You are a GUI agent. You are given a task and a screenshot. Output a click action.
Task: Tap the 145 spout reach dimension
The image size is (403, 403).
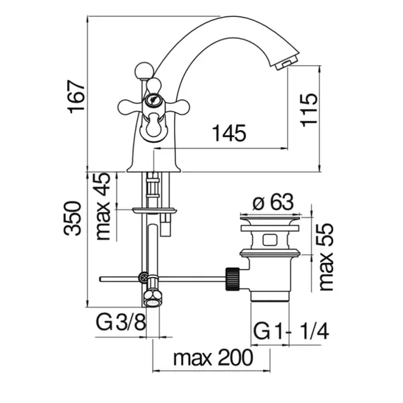point(230,133)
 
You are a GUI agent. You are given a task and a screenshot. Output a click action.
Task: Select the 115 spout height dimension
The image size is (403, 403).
point(309,110)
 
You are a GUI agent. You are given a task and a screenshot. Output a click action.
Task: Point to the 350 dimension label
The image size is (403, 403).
point(72,218)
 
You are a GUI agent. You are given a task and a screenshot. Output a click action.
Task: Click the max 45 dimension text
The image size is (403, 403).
point(103,206)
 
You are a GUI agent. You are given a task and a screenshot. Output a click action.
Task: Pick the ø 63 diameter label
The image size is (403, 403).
point(273,201)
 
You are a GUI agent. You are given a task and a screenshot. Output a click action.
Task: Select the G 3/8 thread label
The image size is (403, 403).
point(121,322)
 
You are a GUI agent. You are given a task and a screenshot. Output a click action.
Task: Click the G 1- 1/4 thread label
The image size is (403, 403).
point(291,332)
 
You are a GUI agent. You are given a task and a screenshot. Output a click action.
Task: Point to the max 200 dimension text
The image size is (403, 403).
point(213,357)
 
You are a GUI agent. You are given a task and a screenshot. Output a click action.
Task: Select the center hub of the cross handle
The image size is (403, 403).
point(153,100)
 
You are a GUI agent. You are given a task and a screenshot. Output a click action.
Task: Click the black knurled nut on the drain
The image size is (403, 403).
point(233,279)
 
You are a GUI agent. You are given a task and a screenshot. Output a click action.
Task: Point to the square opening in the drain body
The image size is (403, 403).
point(269,240)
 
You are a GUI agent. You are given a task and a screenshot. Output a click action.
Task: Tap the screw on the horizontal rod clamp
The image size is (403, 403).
point(144,277)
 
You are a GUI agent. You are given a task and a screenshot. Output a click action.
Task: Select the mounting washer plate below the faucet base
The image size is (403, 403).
point(154,211)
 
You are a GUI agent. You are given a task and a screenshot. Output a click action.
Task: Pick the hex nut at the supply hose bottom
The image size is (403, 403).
point(152,298)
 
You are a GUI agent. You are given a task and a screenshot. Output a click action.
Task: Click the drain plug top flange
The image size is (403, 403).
point(270,219)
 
